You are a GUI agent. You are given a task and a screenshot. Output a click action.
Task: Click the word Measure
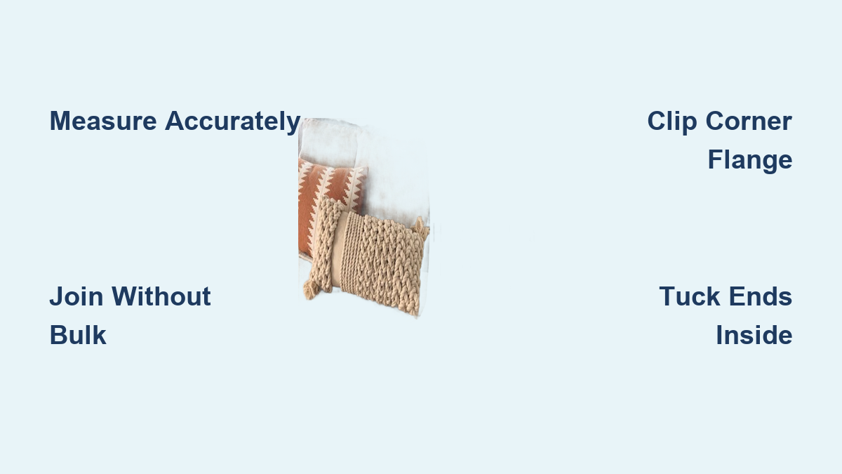(x=103, y=121)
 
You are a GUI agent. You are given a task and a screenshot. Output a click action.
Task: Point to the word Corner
(x=749, y=121)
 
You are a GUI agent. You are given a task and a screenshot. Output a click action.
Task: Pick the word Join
(x=76, y=296)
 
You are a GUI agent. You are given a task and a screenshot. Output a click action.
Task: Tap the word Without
(x=161, y=296)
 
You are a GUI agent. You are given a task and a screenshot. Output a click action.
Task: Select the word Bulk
(x=78, y=335)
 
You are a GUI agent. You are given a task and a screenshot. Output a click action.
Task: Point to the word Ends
(x=761, y=296)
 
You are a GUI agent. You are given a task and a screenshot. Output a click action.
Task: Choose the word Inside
(x=754, y=335)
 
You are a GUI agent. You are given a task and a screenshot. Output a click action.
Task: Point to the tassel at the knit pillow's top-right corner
(x=422, y=228)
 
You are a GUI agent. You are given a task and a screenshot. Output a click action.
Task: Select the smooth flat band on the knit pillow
(x=338, y=249)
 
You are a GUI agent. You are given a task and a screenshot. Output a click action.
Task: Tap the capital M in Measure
(x=60, y=121)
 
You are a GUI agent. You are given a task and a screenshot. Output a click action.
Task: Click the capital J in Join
(x=55, y=296)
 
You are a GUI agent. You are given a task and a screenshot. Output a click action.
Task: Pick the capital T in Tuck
(x=667, y=296)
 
